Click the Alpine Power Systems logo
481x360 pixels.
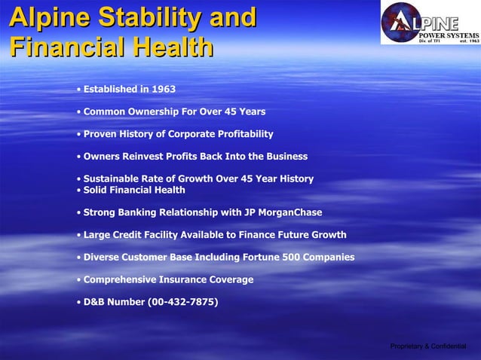click(430, 23)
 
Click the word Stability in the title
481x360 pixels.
click(153, 17)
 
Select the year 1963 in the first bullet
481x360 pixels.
click(164, 90)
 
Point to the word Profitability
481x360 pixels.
click(237, 134)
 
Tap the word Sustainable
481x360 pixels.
click(114, 178)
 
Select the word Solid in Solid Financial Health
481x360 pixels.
click(97, 190)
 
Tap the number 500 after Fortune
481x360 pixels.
click(292, 258)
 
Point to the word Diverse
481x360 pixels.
click(103, 258)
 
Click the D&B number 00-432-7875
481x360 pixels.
click(182, 302)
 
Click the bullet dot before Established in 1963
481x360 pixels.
click(78, 90)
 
